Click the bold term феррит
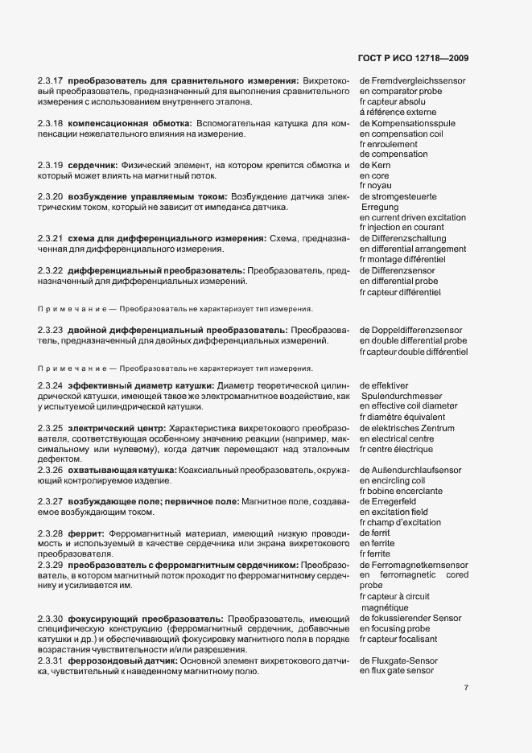[86, 534]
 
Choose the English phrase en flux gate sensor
[397, 670]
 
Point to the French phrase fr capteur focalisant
[398, 639]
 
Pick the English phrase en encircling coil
[393, 480]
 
